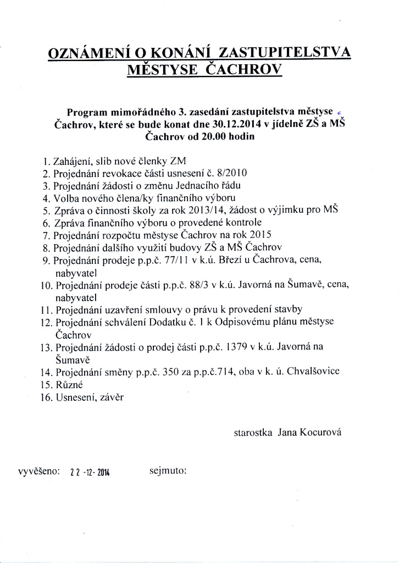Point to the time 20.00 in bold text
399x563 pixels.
tap(208, 136)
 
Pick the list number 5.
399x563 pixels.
tap(46, 211)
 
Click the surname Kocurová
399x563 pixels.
tap(321, 433)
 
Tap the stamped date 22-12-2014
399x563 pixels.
tap(90, 472)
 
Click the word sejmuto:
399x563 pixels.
tap(168, 471)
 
